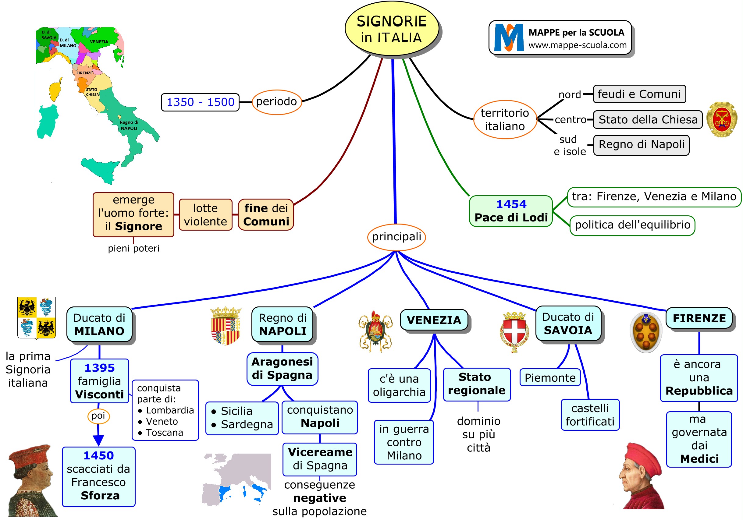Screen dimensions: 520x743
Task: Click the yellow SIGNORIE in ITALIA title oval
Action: [392, 29]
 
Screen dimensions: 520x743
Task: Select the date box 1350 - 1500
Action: [200, 102]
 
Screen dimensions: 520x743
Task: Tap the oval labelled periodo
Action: [276, 102]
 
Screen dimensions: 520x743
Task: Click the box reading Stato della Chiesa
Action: [648, 120]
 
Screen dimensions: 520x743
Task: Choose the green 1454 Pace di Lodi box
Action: [511, 211]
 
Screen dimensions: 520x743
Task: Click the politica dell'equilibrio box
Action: [632, 225]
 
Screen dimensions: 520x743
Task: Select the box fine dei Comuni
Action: [266, 215]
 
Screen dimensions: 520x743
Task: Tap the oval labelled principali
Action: [396, 237]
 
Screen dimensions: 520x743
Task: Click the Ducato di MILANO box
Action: [99, 324]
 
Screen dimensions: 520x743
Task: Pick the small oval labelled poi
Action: [98, 416]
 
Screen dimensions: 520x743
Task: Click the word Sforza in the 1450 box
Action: [100, 495]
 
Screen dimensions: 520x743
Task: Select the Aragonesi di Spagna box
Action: [282, 369]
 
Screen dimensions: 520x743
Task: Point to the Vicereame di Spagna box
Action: [320, 459]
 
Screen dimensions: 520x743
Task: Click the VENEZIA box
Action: [434, 320]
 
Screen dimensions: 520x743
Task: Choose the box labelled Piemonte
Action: [550, 378]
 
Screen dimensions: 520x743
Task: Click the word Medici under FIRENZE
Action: [699, 458]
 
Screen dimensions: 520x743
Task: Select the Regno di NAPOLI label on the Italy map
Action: [129, 125]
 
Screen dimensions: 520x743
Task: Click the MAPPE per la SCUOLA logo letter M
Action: [509, 37]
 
